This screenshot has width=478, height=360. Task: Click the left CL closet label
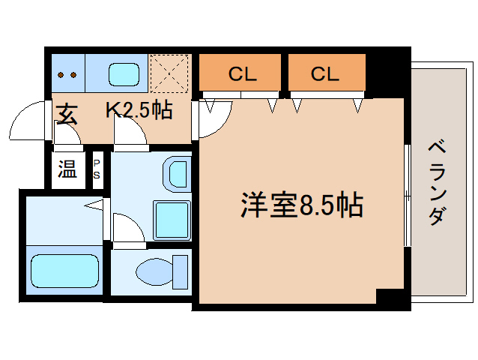(243, 73)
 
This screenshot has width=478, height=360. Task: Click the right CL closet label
(326, 73)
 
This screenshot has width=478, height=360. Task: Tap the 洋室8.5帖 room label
(301, 205)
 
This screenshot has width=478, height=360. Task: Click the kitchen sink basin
(124, 74)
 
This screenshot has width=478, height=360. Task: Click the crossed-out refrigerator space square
(169, 73)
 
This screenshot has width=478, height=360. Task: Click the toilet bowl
(159, 271)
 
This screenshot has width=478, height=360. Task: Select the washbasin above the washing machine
(177, 174)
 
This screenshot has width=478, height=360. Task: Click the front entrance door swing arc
(32, 120)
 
